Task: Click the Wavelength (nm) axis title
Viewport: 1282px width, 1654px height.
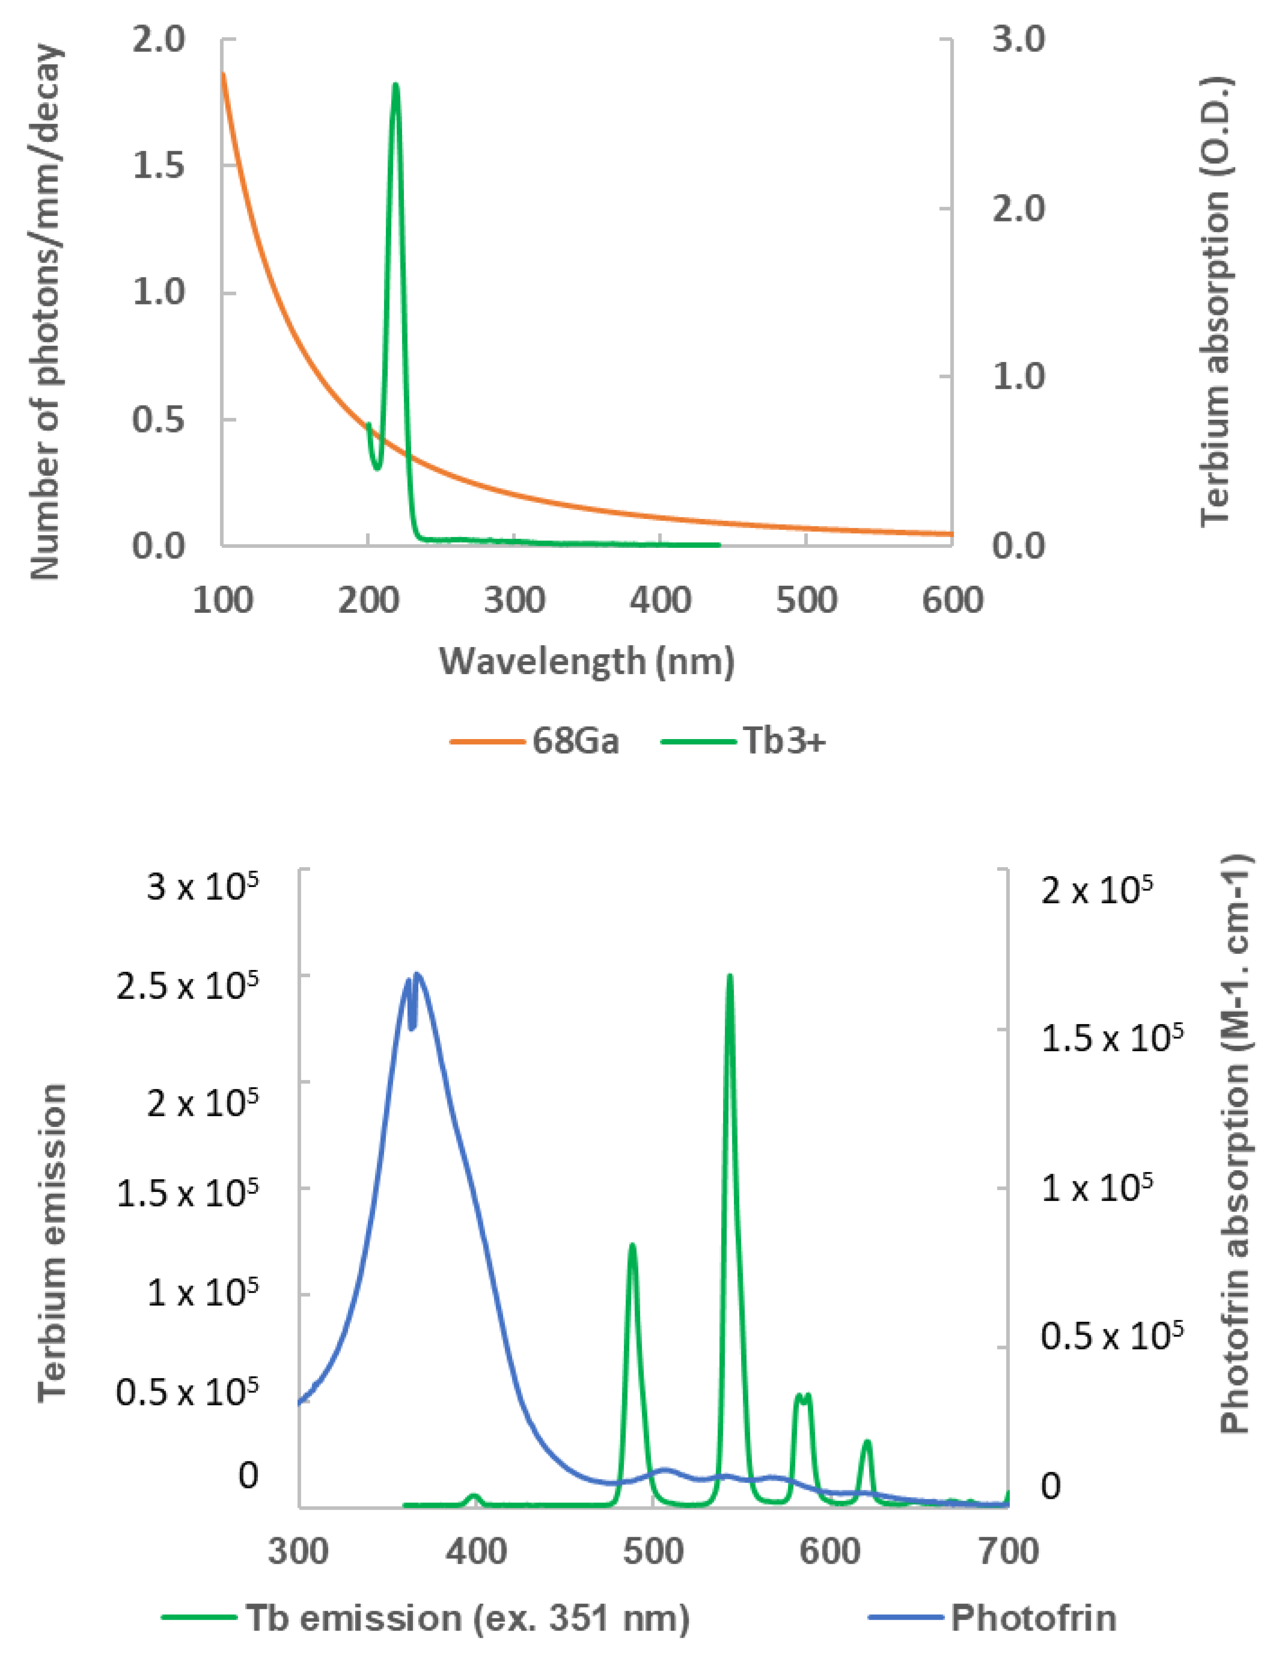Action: (x=587, y=661)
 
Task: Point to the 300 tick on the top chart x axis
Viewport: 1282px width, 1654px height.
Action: (x=515, y=601)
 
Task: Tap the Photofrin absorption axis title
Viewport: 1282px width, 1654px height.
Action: (x=1234, y=1144)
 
